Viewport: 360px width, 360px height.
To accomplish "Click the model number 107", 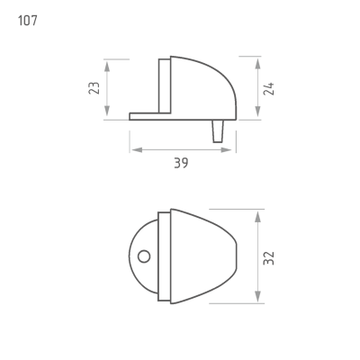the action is [x=28, y=21].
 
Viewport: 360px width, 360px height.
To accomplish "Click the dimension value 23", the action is [x=94, y=88].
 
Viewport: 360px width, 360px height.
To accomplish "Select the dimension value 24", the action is [x=268, y=88].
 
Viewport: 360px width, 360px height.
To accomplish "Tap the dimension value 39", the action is [x=181, y=163].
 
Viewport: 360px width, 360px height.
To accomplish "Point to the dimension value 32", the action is [x=268, y=258].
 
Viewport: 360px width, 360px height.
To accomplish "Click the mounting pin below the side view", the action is [x=218, y=131].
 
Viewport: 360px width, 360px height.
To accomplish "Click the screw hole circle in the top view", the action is [x=144, y=256].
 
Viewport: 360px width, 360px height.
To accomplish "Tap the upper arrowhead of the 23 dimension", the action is [x=107, y=66].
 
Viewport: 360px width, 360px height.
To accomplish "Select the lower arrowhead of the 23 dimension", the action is [x=107, y=111].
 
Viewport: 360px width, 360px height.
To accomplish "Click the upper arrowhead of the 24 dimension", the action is [x=257, y=65].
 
